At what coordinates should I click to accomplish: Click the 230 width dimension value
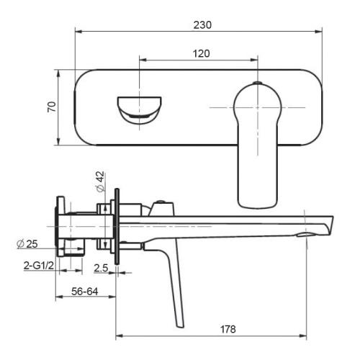pyautogui.click(x=202, y=24)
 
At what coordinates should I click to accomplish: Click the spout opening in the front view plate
pyautogui.click(x=139, y=108)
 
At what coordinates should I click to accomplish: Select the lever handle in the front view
pyautogui.click(x=257, y=144)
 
